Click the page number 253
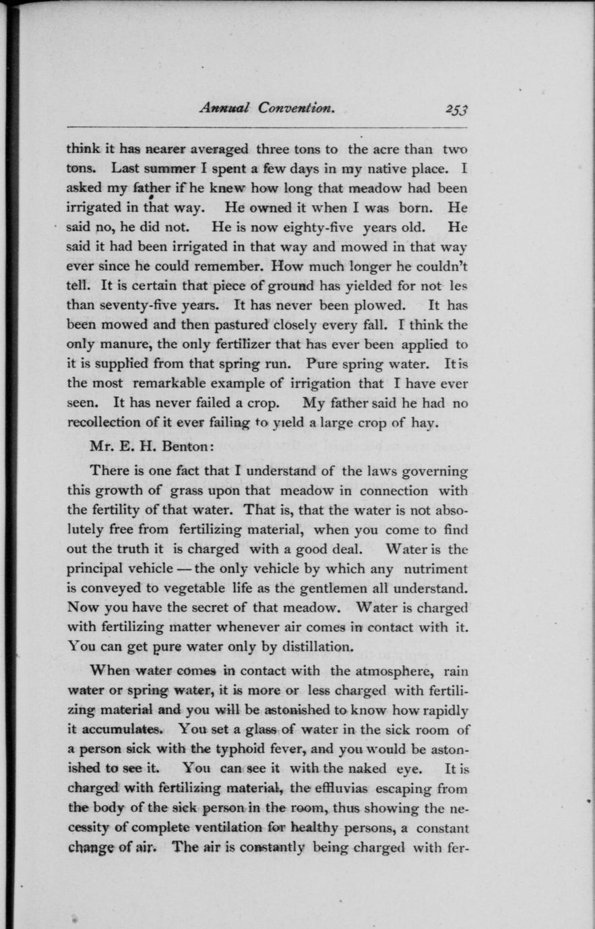[x=456, y=109]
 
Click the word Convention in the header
[x=297, y=108]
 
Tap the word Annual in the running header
[x=224, y=108]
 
